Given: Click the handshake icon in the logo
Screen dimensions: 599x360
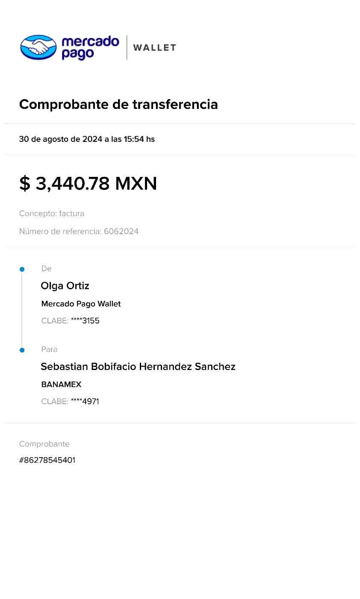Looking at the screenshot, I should (x=39, y=47).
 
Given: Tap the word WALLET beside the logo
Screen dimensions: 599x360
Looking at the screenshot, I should (x=154, y=47).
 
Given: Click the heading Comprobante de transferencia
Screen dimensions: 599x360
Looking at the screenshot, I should (x=119, y=104).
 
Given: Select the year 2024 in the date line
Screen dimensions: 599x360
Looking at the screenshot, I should (x=92, y=139).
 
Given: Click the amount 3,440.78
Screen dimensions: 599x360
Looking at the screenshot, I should (x=72, y=184).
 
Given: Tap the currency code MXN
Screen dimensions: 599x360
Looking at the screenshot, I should (x=136, y=184).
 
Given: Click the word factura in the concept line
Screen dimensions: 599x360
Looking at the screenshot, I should (x=72, y=214).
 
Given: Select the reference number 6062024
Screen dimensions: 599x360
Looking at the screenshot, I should (x=121, y=232).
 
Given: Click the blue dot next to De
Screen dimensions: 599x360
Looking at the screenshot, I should (x=22, y=270).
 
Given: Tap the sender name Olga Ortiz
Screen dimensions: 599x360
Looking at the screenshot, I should (x=65, y=286).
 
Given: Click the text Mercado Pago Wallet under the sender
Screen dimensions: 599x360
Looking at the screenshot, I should (x=81, y=304).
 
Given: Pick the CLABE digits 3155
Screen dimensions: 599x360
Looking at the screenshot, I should (x=91, y=320).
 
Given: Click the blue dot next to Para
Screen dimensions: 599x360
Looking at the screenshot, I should (x=22, y=350).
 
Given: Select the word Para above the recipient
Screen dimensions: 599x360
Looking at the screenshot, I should (x=49, y=349).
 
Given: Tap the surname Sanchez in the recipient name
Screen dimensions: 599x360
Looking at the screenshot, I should (x=215, y=367).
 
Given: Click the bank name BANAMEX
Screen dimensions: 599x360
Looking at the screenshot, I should (x=61, y=385).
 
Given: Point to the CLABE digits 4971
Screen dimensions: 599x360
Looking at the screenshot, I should (x=90, y=401).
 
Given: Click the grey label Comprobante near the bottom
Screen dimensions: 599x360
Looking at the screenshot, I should (x=44, y=444).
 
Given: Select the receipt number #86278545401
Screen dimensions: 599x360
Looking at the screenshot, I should (x=47, y=460).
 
